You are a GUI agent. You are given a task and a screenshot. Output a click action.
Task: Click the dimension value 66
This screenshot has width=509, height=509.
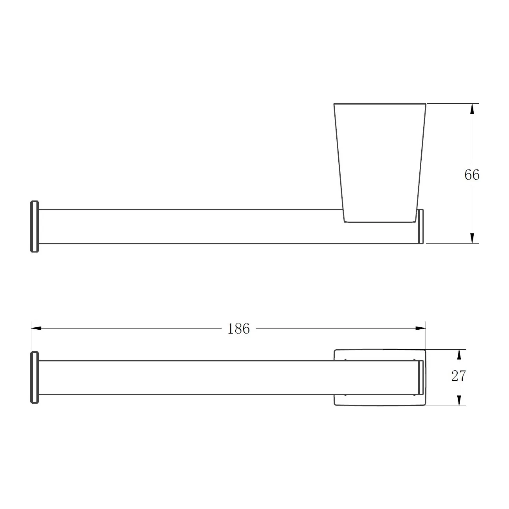pos(472,175)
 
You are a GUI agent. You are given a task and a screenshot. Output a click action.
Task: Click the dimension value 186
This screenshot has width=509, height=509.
pos(238,329)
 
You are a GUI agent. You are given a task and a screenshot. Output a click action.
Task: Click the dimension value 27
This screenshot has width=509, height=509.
pos(459,376)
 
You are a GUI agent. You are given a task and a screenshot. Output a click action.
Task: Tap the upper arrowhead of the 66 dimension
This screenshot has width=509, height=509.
pos(472,108)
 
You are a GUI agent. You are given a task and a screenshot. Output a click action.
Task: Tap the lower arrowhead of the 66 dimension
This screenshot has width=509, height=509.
pos(472,238)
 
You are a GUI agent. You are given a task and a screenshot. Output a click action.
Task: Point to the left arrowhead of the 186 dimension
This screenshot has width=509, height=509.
pos(36,329)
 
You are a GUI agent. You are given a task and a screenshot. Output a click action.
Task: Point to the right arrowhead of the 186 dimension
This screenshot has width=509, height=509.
pos(421,329)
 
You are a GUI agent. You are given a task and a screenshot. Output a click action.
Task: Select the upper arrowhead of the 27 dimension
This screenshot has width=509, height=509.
pos(459,355)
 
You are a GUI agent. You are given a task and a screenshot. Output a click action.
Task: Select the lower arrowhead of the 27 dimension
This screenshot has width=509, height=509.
pos(459,400)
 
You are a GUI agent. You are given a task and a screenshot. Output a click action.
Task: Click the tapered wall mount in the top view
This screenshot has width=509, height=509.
pos(380,163)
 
